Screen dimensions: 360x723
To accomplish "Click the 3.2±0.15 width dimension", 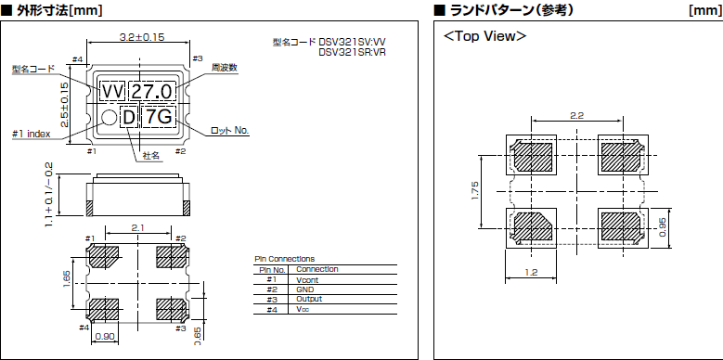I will coord(141,37).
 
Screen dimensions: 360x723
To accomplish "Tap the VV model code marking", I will coord(112,91).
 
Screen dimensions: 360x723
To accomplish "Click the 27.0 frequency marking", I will coord(150,91).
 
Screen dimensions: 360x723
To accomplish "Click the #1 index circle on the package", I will coord(109,118).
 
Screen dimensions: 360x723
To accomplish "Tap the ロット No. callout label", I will coord(230,130).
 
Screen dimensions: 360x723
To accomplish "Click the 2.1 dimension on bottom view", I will coord(137,227).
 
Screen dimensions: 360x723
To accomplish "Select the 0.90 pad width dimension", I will coord(103,336).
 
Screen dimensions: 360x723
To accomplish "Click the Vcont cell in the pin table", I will coord(307,279).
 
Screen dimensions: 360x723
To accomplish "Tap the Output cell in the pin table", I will coord(308,299).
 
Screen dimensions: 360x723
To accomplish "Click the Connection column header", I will coord(316,269).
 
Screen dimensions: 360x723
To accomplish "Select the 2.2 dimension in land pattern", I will coord(575,116).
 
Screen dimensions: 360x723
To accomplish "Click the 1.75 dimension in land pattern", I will coord(476,189).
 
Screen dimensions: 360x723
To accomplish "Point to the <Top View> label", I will coord(485,36).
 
